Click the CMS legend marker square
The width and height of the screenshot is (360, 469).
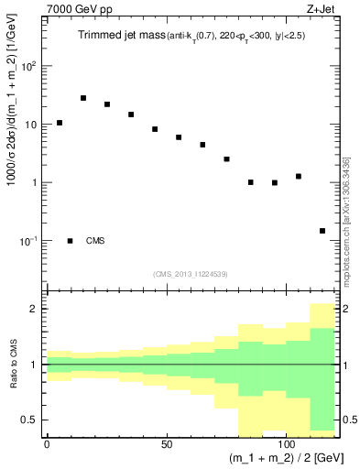[71, 241]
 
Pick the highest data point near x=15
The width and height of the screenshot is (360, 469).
[83, 98]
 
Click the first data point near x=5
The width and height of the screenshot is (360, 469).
[60, 123]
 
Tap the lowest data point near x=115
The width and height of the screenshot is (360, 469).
[322, 231]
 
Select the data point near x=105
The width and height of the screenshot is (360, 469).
[299, 177]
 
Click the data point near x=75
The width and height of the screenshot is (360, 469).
[226, 159]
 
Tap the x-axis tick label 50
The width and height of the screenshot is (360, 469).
[167, 444]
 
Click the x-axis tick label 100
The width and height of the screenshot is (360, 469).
[287, 444]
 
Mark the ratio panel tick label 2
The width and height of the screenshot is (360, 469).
[36, 309]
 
